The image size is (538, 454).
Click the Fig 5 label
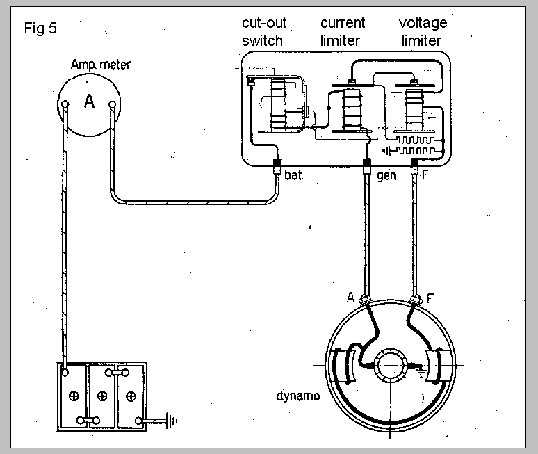pyautogui.click(x=40, y=28)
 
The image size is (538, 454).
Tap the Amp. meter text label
pyautogui.click(x=101, y=65)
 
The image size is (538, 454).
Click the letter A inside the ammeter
pyautogui.click(x=89, y=102)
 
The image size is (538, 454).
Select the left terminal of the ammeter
pyautogui.click(x=65, y=104)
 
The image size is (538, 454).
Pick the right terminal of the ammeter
pyautogui.click(x=112, y=104)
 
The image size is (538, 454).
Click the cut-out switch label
pyautogui.click(x=264, y=32)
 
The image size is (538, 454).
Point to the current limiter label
pyautogui.click(x=343, y=32)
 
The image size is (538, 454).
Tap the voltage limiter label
pyautogui.click(x=423, y=32)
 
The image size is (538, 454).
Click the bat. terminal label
pyautogui.click(x=294, y=175)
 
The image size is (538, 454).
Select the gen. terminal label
pyautogui.click(x=388, y=176)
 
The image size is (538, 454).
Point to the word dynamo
pyautogui.click(x=297, y=396)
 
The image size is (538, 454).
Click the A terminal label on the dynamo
pyautogui.click(x=350, y=297)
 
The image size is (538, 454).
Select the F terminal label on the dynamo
pyautogui.click(x=430, y=298)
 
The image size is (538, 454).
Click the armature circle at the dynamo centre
pyautogui.click(x=390, y=366)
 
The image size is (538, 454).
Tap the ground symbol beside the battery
pyautogui.click(x=172, y=421)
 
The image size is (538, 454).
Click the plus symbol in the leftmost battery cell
pyautogui.click(x=74, y=396)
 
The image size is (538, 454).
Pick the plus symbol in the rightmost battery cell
pyautogui.click(x=131, y=397)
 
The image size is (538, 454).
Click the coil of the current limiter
pyautogui.click(x=352, y=109)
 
